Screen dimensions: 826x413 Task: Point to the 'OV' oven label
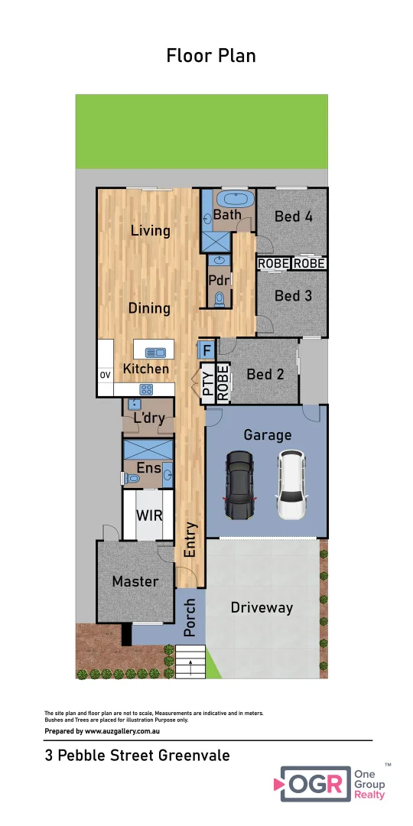[x=105, y=376]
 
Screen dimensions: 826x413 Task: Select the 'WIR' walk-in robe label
[x=149, y=515]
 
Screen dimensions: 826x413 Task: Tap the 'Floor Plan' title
[x=211, y=56]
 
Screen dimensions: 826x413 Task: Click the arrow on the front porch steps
[x=190, y=663]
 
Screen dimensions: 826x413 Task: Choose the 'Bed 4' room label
[x=294, y=216]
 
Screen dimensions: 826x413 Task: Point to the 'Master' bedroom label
[x=135, y=581]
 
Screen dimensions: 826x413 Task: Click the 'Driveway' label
[x=262, y=608]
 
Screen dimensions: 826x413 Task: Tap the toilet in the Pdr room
[x=220, y=299]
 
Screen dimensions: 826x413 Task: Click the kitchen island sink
[x=155, y=352]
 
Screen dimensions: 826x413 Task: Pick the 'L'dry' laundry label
[x=149, y=418]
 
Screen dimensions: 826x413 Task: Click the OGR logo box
[x=314, y=784]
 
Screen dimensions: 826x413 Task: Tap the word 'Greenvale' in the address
[x=193, y=756]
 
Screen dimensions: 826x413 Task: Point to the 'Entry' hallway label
[x=190, y=539]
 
